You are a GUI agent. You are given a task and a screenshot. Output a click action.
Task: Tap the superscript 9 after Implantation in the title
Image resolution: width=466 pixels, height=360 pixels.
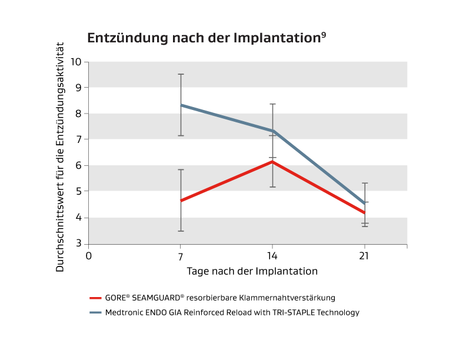coord(324,35)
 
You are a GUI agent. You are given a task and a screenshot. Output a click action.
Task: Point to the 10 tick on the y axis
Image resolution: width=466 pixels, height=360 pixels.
coord(76,61)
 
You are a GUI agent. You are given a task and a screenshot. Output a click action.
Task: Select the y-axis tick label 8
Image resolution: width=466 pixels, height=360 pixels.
coord(79,114)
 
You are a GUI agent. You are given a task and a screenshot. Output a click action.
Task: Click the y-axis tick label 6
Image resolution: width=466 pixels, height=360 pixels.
coord(79,165)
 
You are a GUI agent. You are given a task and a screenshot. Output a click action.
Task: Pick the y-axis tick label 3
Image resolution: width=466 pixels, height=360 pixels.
coord(79,244)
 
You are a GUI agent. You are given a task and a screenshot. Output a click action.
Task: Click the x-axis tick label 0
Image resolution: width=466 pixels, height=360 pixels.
coord(89,256)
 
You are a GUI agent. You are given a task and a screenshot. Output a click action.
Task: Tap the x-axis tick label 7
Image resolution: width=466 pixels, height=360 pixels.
coord(181,256)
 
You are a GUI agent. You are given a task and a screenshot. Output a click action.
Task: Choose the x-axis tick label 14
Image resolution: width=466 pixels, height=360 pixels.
coord(272,256)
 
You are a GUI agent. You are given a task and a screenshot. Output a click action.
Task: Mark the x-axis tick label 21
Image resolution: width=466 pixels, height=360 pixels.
coord(364,256)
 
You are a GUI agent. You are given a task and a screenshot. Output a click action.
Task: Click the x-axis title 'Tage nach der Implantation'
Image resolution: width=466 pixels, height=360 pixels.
coord(252,271)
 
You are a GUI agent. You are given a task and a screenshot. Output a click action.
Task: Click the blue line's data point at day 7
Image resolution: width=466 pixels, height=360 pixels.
coord(181,105)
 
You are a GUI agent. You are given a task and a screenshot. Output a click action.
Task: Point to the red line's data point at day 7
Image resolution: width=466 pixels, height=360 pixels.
coord(181,201)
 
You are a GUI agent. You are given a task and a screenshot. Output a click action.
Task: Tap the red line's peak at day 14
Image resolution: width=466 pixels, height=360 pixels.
coord(272,161)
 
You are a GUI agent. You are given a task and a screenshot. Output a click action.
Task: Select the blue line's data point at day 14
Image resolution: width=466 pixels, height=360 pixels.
coord(272,131)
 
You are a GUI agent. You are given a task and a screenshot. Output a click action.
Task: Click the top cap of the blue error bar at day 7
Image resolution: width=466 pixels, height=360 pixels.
coord(181,74)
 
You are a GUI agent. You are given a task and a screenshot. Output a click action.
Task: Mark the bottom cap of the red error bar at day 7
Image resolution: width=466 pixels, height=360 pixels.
coord(181,231)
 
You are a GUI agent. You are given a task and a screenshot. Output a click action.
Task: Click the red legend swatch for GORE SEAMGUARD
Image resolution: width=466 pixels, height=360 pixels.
coord(96,298)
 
